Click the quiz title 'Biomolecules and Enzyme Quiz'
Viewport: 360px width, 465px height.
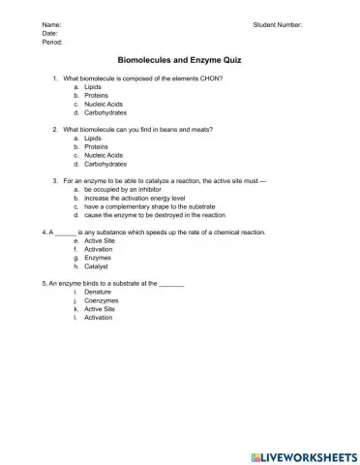(179, 59)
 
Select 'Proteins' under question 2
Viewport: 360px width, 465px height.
(96, 147)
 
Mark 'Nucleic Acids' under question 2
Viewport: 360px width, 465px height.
(104, 156)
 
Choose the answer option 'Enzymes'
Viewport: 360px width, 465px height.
(98, 258)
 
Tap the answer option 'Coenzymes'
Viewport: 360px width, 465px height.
(102, 300)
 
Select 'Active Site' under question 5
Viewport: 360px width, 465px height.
(101, 309)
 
